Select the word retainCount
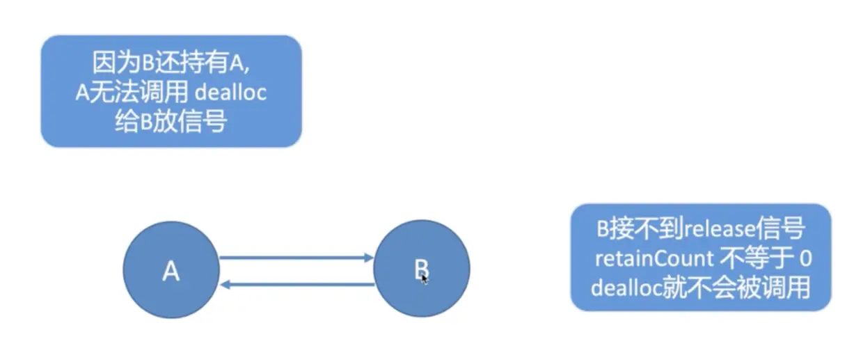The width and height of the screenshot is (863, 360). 654,258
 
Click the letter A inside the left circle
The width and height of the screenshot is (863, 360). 171,271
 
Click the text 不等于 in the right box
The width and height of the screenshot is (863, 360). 756,258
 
